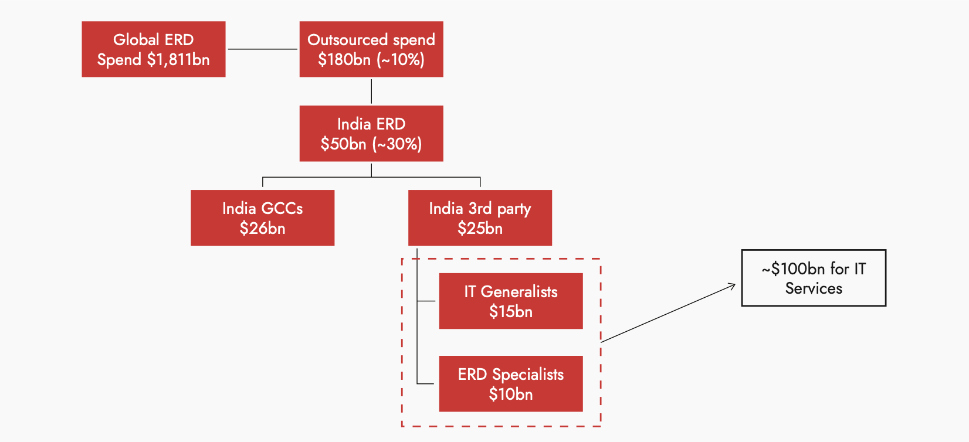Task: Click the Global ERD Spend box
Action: click(x=153, y=49)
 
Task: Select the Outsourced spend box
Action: click(x=371, y=49)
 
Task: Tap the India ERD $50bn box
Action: click(x=371, y=134)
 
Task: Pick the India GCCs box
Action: click(x=262, y=217)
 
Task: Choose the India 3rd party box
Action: click(x=480, y=217)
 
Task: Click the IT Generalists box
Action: click(x=511, y=301)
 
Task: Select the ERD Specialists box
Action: click(x=511, y=383)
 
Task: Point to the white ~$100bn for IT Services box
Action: click(x=814, y=278)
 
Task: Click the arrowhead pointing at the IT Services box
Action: click(x=732, y=286)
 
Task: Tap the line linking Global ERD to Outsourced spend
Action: click(x=262, y=49)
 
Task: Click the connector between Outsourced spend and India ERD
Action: click(x=371, y=91)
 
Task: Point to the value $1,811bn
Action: click(x=178, y=60)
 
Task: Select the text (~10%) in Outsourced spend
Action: click(x=401, y=60)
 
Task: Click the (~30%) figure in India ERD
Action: click(x=398, y=144)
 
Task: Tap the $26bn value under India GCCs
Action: click(x=262, y=228)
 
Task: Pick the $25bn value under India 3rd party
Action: click(x=480, y=228)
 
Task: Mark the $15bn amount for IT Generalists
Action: click(x=511, y=311)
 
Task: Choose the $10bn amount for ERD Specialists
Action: click(x=511, y=394)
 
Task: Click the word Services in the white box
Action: click(x=814, y=288)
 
